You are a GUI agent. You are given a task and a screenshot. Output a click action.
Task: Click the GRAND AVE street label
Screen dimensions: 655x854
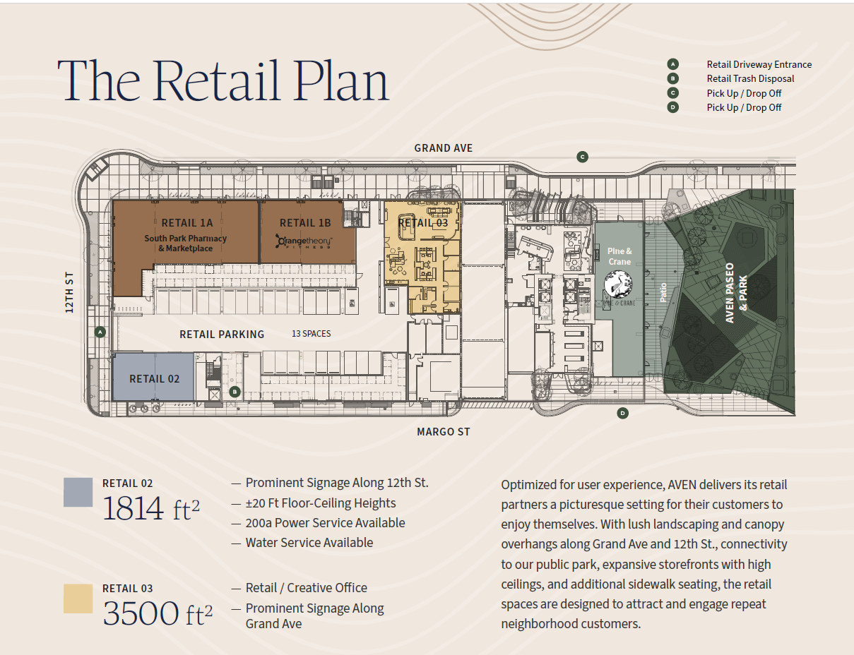click(443, 148)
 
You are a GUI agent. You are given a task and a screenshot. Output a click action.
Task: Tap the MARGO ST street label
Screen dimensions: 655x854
click(443, 432)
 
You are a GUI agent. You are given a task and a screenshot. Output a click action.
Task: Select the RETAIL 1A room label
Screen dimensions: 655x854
click(186, 223)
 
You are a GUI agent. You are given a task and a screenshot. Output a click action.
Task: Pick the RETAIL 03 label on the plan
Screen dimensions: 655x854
click(423, 223)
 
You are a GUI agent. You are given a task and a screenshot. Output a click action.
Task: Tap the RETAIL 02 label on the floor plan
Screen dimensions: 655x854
click(154, 379)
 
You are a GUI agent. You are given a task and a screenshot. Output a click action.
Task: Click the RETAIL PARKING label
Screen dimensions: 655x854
click(222, 335)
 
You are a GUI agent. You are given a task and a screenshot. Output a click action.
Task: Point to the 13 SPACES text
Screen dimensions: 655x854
click(312, 334)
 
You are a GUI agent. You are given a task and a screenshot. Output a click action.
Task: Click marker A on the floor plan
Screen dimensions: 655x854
click(100, 331)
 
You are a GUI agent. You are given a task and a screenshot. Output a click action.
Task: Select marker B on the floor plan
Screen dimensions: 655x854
click(235, 392)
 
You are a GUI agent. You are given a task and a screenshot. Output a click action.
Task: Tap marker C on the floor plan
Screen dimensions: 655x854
click(582, 157)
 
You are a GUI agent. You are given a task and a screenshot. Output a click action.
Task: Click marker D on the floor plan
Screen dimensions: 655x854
click(622, 413)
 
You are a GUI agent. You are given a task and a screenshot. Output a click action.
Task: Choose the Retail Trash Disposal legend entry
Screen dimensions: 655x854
click(750, 79)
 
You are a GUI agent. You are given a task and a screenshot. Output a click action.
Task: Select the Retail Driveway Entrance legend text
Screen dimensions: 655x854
click(759, 64)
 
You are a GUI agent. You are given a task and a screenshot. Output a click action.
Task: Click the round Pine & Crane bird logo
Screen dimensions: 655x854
click(619, 285)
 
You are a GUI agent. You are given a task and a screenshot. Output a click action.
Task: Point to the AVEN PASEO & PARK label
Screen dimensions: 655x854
click(736, 293)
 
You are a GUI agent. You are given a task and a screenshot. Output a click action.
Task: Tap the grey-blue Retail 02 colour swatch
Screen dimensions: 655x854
click(78, 492)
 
